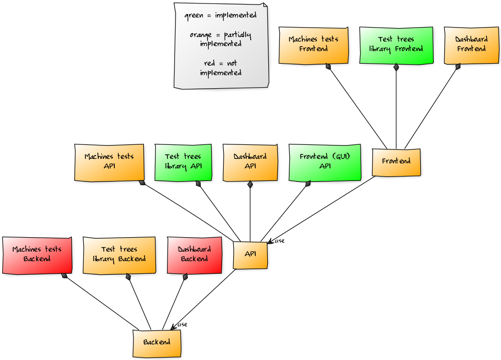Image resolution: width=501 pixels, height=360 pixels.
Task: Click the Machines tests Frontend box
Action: click(x=313, y=45)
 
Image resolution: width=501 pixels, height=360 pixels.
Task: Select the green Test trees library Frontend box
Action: click(x=396, y=45)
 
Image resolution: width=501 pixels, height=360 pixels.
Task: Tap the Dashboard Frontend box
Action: click(x=471, y=45)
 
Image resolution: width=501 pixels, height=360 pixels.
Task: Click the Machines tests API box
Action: click(x=109, y=162)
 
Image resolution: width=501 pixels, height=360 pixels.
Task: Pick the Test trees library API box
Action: click(x=183, y=162)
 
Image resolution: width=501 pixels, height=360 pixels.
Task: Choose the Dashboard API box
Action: click(x=250, y=162)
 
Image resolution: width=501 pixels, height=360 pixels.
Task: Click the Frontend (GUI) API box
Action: click(x=324, y=162)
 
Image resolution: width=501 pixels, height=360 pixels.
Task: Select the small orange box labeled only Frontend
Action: click(x=396, y=162)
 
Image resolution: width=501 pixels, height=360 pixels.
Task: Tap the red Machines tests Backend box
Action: click(x=37, y=255)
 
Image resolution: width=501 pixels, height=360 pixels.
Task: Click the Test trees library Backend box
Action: click(x=119, y=255)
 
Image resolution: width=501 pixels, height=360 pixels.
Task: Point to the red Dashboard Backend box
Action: click(x=194, y=255)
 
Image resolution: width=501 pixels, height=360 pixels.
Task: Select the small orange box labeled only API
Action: click(x=250, y=255)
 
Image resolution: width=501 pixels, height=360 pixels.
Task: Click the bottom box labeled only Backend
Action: click(x=156, y=343)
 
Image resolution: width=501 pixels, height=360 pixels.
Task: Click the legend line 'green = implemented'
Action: click(x=220, y=15)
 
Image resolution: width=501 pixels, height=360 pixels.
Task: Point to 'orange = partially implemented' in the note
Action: click(x=220, y=39)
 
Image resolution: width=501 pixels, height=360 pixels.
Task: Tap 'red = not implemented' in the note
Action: click(x=220, y=68)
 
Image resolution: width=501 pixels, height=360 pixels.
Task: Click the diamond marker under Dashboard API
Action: click(x=250, y=184)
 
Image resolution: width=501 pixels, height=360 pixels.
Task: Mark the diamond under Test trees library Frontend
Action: click(x=396, y=67)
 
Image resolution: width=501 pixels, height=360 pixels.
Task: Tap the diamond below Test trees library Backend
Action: click(x=128, y=276)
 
